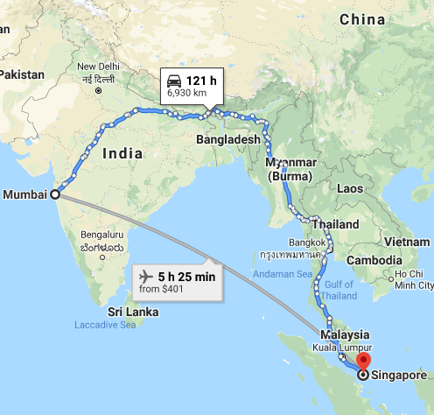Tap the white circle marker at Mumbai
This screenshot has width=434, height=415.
pos(56,194)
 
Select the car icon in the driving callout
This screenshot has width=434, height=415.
pos(173,83)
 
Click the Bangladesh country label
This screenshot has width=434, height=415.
pos(228,140)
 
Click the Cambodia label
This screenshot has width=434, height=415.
pos(374,261)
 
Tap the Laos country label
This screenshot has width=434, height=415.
pos(350,188)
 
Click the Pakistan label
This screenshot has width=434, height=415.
pos(22,75)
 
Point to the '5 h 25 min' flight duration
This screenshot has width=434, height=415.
pos(185,277)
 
